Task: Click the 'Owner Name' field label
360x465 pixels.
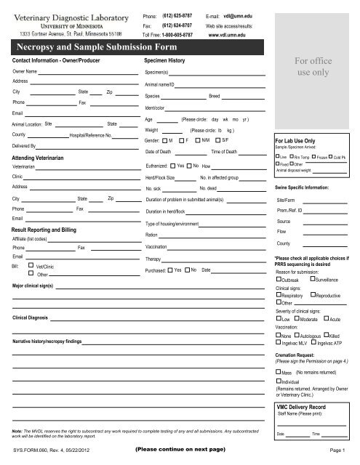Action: tap(25, 73)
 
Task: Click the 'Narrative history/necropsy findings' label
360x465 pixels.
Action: tap(55, 340)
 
